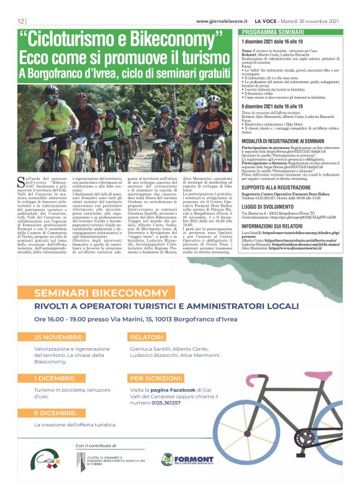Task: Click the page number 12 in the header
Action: click(x=20, y=21)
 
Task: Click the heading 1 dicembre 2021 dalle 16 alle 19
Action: click(x=276, y=40)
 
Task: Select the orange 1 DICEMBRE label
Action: click(x=56, y=378)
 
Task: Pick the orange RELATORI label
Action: click(x=147, y=337)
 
